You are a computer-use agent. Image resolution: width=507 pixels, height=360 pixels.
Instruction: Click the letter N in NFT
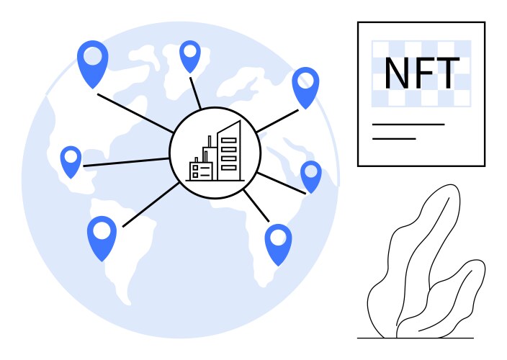[397, 73]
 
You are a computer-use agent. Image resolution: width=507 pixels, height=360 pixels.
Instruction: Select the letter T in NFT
[447, 73]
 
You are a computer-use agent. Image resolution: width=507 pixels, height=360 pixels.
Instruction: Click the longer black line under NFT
[408, 124]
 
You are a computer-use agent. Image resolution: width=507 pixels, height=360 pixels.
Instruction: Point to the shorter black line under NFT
[394, 139]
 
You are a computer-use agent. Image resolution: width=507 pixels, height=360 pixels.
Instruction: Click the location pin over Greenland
[190, 57]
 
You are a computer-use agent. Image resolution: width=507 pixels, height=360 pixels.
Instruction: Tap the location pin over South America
[102, 238]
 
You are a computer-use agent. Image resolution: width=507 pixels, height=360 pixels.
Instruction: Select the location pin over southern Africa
[278, 245]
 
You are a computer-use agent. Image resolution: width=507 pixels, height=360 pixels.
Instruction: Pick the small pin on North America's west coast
[71, 162]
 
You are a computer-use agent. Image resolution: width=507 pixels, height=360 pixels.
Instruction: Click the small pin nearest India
[311, 177]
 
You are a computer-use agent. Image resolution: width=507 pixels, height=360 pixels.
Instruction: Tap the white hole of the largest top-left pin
[93, 55]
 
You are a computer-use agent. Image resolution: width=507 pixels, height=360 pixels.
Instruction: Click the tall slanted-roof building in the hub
[229, 152]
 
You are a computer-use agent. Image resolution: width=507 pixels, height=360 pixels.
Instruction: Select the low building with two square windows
[201, 171]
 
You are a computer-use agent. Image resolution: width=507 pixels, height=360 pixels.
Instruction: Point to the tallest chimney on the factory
[210, 142]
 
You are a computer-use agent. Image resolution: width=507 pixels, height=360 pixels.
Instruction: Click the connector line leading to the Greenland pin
[195, 93]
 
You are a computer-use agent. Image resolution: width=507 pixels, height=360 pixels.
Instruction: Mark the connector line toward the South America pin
[151, 205]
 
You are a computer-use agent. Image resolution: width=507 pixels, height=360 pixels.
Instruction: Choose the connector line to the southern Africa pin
[256, 206]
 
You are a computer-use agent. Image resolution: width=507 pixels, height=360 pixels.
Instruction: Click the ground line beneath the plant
[416, 338]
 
